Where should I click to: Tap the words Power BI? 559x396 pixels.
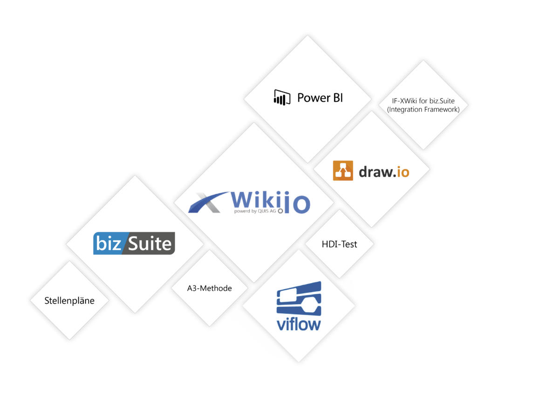click(x=320, y=98)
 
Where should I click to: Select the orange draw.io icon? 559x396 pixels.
click(x=343, y=170)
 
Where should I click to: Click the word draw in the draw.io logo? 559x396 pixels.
click(x=375, y=172)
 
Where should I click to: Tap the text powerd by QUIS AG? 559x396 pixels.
click(x=255, y=211)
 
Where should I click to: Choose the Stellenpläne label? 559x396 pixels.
click(x=69, y=301)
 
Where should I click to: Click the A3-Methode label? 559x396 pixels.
click(x=209, y=288)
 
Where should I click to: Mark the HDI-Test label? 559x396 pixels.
click(x=339, y=244)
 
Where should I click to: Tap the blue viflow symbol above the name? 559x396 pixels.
click(x=299, y=299)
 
